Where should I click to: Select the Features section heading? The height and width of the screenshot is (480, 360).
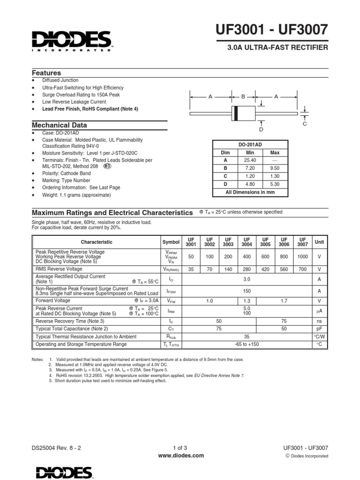(46, 73)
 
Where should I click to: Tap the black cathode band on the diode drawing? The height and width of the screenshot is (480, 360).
(236, 113)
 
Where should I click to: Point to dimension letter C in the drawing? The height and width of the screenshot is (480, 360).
(304, 124)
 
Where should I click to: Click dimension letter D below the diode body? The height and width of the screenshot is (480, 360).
(261, 129)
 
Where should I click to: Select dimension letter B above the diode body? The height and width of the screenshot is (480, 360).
(243, 97)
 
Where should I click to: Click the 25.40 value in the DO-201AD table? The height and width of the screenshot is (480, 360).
(250, 160)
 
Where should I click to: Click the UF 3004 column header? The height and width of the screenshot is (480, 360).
(246, 242)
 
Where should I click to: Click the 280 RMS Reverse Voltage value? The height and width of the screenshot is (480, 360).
(246, 270)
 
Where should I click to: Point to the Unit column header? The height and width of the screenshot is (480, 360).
(319, 242)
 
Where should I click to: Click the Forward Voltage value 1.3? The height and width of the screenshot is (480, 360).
(247, 300)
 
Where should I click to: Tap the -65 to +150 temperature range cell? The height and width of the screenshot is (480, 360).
(247, 344)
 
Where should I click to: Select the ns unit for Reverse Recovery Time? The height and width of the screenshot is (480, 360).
(319, 321)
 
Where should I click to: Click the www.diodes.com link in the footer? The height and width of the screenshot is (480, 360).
(180, 455)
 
